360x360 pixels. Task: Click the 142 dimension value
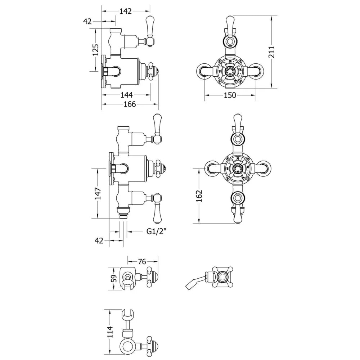tap(125, 11)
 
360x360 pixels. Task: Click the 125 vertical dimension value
tap(95, 50)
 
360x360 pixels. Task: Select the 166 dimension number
tap(130, 104)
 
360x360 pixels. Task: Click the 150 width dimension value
tap(230, 95)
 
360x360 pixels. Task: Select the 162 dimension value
tap(200, 196)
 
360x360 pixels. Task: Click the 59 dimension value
tap(113, 279)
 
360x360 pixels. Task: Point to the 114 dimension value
tap(109, 329)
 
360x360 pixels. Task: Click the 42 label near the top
tap(87, 21)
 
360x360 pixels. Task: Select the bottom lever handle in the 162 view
tap(238, 212)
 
